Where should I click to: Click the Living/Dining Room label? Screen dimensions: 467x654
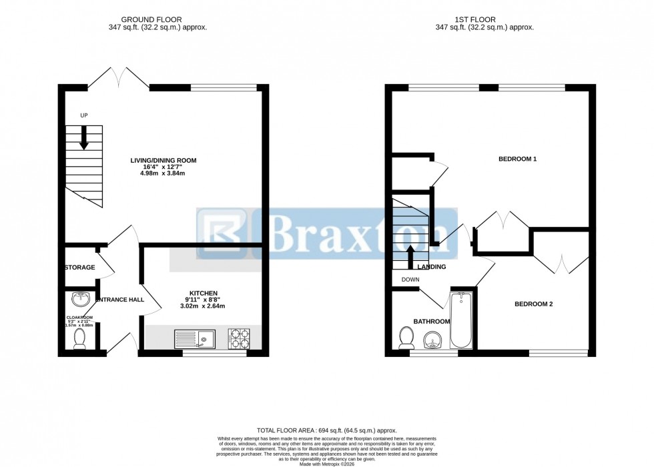pos(163,160)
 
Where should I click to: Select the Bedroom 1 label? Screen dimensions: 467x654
pos(517,159)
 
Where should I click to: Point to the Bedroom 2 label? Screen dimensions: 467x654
pos(533,304)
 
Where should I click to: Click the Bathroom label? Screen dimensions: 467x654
pos(431,322)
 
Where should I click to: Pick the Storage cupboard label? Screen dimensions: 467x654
pos(79,268)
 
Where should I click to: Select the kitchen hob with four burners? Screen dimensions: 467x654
pos(240,339)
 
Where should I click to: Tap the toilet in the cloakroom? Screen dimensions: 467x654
pos(80,338)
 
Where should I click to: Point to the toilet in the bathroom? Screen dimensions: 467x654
pos(404,338)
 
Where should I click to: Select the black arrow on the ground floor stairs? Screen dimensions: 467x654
pos(84,139)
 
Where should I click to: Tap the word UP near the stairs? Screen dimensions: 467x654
pos(84,116)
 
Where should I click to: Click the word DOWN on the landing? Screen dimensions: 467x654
pos(410,280)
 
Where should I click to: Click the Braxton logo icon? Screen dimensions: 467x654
pos(222,233)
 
